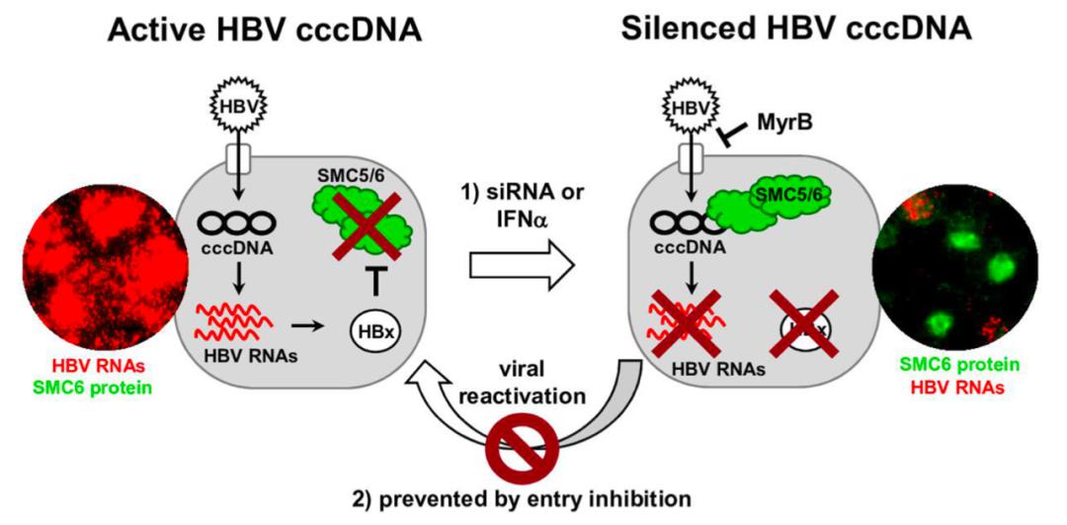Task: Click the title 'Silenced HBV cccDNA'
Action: coord(797,30)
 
